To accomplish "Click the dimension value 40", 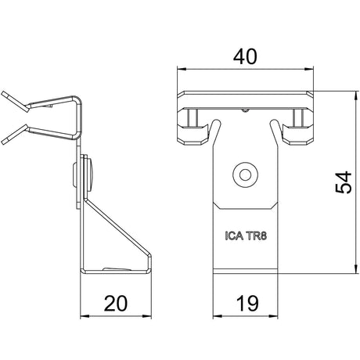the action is pyautogui.click(x=245, y=57).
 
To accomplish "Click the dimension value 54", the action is pyautogui.click(x=344, y=182).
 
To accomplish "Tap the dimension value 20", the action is pyautogui.click(x=116, y=304).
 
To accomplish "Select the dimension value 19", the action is pyautogui.click(x=247, y=304).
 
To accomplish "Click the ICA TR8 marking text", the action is pyautogui.click(x=246, y=236).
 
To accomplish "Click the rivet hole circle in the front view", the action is pyautogui.click(x=245, y=175).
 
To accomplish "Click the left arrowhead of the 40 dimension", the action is pyautogui.click(x=182, y=69).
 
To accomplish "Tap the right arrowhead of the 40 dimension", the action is pyautogui.click(x=309, y=69).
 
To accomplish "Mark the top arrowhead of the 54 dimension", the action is pyautogui.click(x=355, y=95).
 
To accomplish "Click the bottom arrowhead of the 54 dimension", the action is pyautogui.click(x=355, y=269).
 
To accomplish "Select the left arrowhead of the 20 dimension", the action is pyautogui.click(x=85, y=316).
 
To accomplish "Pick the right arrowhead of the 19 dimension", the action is pyautogui.click(x=273, y=316).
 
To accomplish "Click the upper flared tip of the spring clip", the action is pyautogui.click(x=4, y=94).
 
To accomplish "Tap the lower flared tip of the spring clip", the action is pyautogui.click(x=4, y=142).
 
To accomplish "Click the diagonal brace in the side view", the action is pyautogui.click(x=118, y=226).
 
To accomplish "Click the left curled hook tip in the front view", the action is pyautogui.click(x=216, y=121).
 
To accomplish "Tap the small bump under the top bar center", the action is pyautogui.click(x=245, y=110).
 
